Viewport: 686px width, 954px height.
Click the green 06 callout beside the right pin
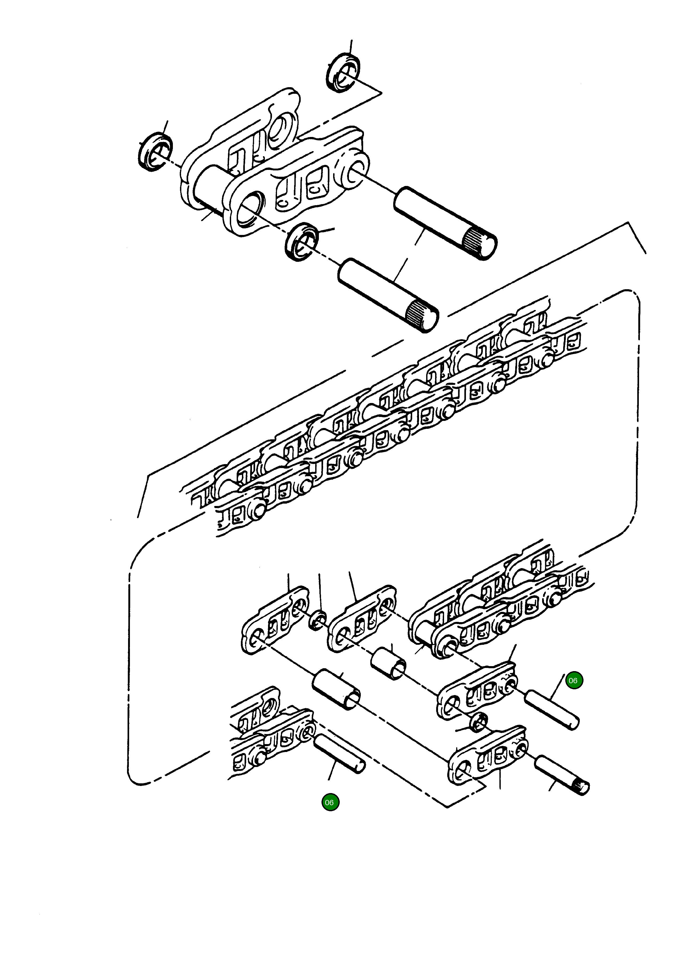[574, 680]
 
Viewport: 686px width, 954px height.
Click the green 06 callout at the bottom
[330, 802]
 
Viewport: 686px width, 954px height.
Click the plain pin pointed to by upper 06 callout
[552, 710]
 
